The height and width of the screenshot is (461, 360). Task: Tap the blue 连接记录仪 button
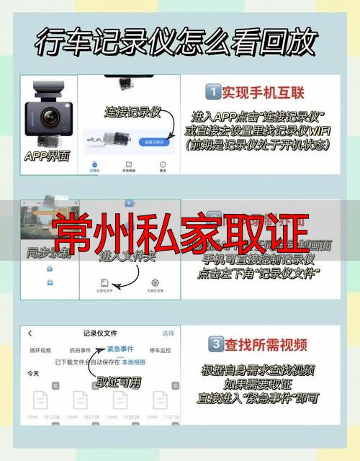154,142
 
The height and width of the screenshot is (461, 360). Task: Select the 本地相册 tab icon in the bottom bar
128,165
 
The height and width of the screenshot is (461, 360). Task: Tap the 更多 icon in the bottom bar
163,165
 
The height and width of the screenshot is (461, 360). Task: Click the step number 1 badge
212,92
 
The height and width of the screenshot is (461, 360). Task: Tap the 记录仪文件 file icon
105,283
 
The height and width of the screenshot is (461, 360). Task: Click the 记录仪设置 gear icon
154,283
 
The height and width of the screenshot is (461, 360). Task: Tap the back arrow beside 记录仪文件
30,334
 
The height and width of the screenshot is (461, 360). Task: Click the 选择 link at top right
168,334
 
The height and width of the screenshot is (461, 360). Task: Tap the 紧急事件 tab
120,349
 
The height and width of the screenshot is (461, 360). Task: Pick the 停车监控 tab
160,349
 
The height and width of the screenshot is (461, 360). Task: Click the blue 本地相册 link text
132,362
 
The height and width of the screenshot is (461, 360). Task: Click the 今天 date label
33,374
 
